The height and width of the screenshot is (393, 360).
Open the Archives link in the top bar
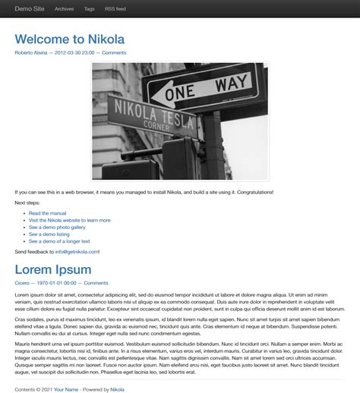click(x=65, y=9)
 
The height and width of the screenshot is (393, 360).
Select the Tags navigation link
click(x=90, y=9)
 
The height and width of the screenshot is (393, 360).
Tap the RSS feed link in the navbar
click(x=115, y=9)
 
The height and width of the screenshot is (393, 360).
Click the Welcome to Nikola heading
click(x=69, y=39)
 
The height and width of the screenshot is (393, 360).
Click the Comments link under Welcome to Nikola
click(x=114, y=53)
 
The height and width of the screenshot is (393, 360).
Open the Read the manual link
click(x=48, y=213)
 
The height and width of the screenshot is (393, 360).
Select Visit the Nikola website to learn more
click(x=70, y=220)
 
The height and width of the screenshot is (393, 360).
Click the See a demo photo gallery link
click(x=57, y=227)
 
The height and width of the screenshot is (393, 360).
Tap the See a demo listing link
click(x=49, y=234)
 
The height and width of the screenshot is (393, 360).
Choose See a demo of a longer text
click(x=59, y=241)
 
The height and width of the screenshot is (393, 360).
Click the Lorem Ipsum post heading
click(x=53, y=269)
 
